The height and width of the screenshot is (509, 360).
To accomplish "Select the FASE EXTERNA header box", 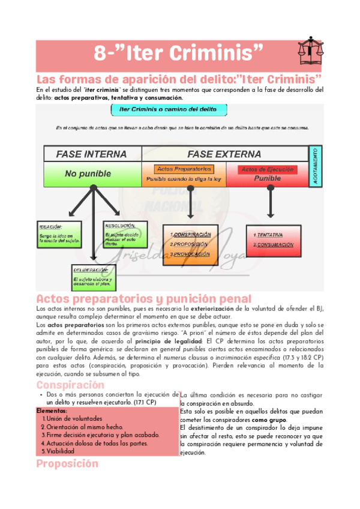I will [x=224, y=154].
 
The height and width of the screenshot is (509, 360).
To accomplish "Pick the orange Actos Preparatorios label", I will [x=184, y=169].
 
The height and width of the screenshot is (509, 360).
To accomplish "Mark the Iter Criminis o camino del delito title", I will [x=160, y=110].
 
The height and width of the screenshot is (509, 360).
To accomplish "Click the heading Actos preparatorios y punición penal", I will [x=143, y=299].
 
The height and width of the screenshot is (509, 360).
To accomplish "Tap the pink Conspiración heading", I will [x=70, y=385].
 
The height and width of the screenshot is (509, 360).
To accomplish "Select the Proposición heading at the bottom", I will [x=67, y=464].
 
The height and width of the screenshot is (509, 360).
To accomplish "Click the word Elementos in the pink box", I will [x=52, y=411].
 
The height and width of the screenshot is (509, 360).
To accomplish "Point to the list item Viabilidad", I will [x=61, y=451].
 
